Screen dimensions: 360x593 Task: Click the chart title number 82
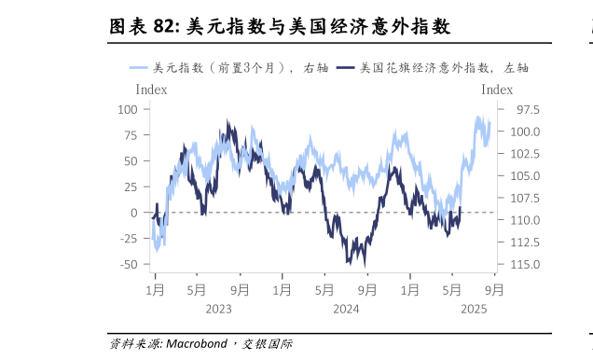click(166, 27)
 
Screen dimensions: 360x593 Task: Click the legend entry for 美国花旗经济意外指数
click(429, 67)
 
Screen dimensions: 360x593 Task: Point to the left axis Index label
click(152, 90)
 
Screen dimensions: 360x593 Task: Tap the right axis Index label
click(497, 90)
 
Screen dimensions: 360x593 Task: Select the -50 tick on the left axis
click(127, 264)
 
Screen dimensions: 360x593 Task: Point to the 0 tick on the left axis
click(134, 213)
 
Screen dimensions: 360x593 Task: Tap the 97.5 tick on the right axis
click(514, 109)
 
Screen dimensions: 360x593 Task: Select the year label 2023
click(218, 310)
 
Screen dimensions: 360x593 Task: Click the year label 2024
click(346, 310)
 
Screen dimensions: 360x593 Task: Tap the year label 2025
click(474, 310)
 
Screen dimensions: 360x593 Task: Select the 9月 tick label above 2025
click(495, 289)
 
